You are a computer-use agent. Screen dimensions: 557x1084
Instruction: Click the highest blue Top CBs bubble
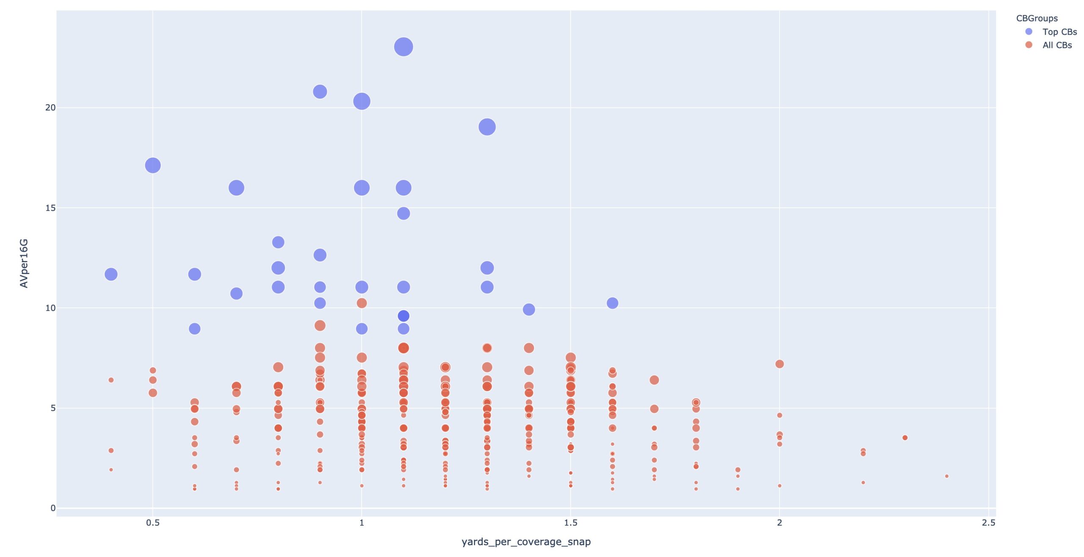(404, 47)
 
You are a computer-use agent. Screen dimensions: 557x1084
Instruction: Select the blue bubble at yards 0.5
(153, 165)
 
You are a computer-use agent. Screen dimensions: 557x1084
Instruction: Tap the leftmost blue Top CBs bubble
(111, 274)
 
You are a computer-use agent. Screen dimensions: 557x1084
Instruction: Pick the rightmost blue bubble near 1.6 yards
(612, 303)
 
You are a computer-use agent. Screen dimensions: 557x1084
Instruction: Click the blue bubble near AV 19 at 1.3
(487, 127)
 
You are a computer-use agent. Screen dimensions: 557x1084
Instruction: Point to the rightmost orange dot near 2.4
(947, 476)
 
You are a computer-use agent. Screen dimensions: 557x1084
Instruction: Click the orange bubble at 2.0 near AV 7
(780, 364)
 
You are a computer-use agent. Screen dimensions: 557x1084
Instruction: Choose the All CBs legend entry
(1057, 45)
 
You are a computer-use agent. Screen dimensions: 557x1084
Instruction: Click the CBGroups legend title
(1037, 18)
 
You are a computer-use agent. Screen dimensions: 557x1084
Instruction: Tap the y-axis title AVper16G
(24, 263)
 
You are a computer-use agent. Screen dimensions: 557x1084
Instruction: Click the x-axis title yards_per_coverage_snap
(526, 542)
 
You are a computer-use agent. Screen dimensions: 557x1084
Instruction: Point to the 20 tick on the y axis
(50, 108)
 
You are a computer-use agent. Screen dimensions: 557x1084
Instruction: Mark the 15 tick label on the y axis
(50, 208)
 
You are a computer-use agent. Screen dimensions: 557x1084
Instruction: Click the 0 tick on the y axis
(53, 508)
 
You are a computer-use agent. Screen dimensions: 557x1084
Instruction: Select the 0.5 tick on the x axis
(153, 523)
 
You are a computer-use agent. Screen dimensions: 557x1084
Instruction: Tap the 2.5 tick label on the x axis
(988, 523)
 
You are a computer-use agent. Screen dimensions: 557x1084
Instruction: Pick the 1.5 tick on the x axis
(570, 523)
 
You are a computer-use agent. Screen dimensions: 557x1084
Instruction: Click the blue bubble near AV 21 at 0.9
(320, 91)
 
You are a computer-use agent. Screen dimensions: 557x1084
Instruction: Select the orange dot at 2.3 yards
(905, 438)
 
